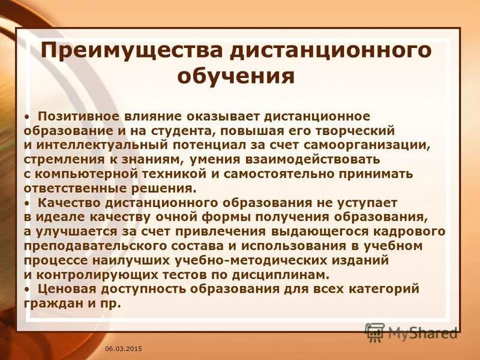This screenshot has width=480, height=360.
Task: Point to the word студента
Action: point(196,130)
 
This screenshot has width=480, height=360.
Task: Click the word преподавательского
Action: point(91,245)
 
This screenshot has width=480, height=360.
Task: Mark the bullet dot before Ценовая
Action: point(28,289)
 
